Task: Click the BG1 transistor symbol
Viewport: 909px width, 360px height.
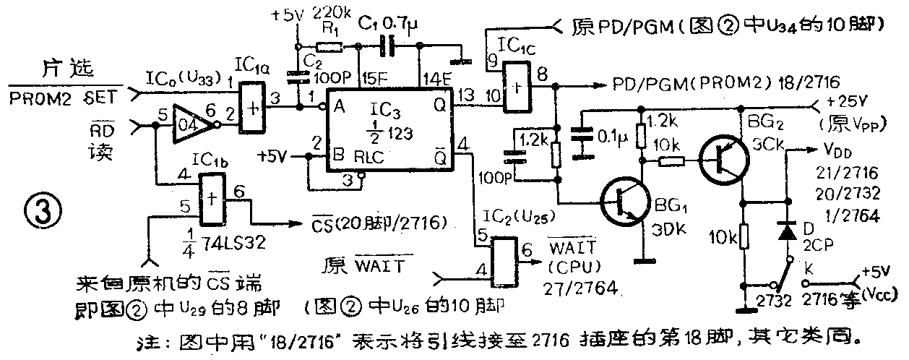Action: tap(619, 205)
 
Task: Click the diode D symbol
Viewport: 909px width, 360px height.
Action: tap(784, 231)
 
